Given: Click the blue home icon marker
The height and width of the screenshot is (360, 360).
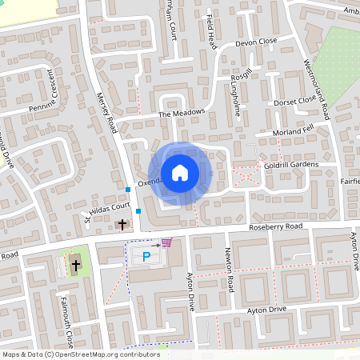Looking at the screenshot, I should (180, 172).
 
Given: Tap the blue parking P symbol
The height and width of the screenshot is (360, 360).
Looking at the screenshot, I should (146, 257).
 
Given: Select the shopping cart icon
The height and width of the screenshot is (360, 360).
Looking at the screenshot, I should (166, 242).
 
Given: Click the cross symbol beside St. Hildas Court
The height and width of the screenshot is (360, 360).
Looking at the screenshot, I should (122, 225).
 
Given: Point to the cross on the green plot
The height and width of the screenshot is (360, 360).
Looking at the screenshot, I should (76, 264).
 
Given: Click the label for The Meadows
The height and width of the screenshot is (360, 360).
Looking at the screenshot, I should (182, 114).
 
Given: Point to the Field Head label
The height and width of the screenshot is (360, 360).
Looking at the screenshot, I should (210, 31).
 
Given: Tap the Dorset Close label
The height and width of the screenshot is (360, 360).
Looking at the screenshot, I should (296, 101).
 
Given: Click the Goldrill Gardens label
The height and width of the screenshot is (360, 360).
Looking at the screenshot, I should (290, 166).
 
